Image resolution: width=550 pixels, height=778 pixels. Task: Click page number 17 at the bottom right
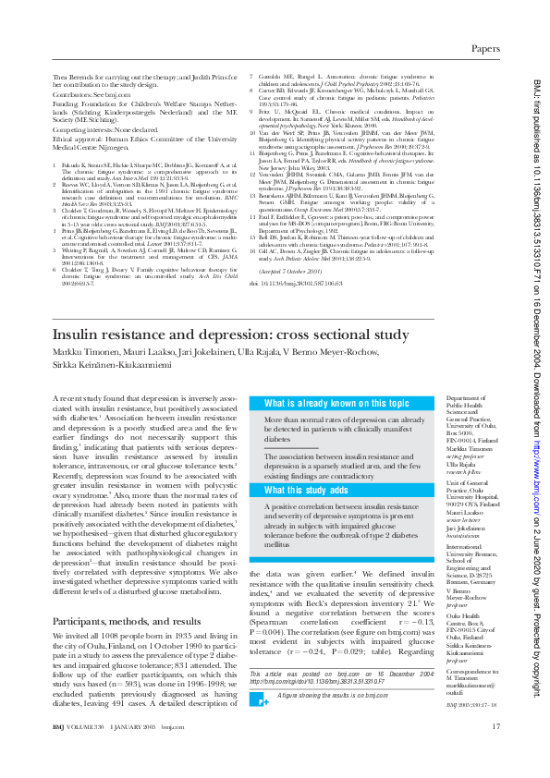point(496,753)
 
